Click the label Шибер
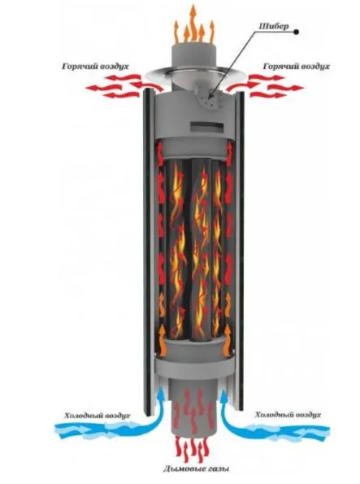[x=274, y=26]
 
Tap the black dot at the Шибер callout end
[x=297, y=32]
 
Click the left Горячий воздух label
[x=96, y=67]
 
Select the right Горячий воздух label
[x=296, y=67]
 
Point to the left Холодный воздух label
[x=98, y=416]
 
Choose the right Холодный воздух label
[x=288, y=415]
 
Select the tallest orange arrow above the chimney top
[x=193, y=22]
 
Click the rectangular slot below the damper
[x=207, y=126]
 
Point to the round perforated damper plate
[x=210, y=99]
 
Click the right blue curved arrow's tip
[x=225, y=390]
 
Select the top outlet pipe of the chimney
[x=193, y=55]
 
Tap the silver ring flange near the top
[x=193, y=73]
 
